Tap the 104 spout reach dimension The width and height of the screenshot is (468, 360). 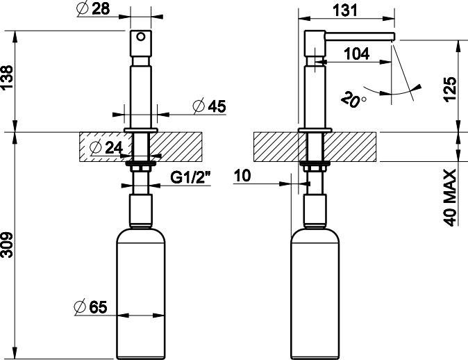coord(356,54)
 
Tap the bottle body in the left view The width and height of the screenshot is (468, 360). coord(141,292)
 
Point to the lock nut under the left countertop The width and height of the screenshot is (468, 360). coord(141,166)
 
